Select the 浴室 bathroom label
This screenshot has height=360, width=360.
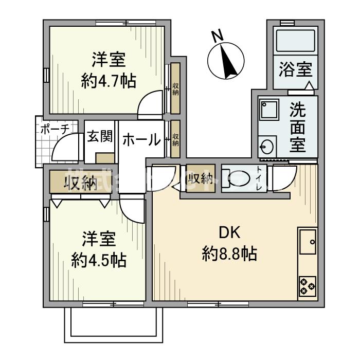pyautogui.click(x=295, y=69)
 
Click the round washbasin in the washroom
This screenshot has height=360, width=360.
pyautogui.click(x=267, y=147)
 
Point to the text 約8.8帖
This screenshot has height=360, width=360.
pyautogui.click(x=229, y=254)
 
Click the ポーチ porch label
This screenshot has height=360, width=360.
pyautogui.click(x=55, y=129)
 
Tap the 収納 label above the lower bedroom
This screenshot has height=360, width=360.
pyautogui.click(x=81, y=184)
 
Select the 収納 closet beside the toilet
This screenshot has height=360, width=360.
pyautogui.click(x=201, y=178)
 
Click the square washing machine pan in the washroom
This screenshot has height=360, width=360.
pyautogui.click(x=268, y=110)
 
